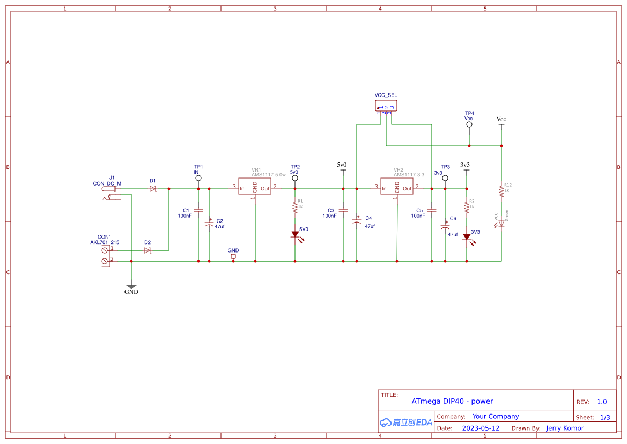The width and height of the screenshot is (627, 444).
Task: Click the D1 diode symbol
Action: click(x=153, y=189)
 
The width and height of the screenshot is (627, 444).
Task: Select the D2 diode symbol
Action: click(x=147, y=250)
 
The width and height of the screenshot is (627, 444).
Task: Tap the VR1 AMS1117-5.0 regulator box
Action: click(x=255, y=187)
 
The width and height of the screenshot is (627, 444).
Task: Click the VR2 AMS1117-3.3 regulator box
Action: click(x=397, y=187)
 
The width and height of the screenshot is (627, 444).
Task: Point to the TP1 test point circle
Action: click(x=198, y=177)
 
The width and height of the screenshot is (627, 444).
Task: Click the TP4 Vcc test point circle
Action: click(x=469, y=124)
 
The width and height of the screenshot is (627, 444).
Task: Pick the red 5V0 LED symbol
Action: click(x=295, y=234)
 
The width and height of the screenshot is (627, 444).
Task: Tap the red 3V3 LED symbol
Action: click(x=467, y=236)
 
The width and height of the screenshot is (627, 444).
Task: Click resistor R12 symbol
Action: click(x=501, y=190)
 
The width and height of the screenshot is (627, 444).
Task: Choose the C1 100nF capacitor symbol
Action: click(x=198, y=210)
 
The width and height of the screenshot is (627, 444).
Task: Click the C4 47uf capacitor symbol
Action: click(x=356, y=221)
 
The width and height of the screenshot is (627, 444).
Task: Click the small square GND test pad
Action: click(x=233, y=256)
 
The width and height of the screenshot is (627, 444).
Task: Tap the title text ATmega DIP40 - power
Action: click(x=452, y=401)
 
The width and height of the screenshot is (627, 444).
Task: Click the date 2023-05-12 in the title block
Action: click(x=481, y=428)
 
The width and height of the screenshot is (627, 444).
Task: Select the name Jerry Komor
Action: click(x=565, y=428)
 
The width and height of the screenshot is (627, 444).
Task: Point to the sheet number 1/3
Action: click(x=604, y=417)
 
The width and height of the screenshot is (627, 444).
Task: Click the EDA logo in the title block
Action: click(x=406, y=423)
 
